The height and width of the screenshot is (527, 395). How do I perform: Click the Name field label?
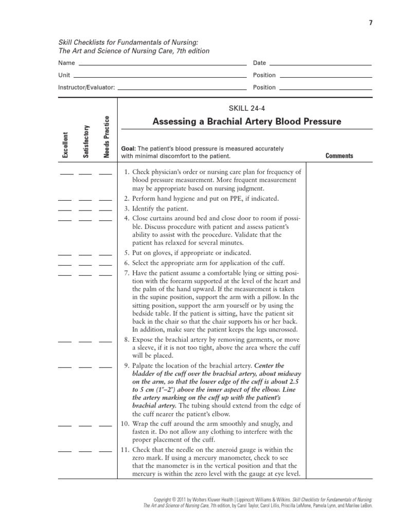tap(66, 63)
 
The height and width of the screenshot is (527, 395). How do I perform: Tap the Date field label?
tap(260, 63)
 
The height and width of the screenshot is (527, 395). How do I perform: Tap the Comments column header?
tap(339, 155)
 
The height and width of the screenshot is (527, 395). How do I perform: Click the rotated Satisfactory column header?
tap(86, 142)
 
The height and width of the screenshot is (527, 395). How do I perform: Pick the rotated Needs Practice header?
tap(107, 137)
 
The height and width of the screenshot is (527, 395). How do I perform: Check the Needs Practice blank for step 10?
tap(105, 426)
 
